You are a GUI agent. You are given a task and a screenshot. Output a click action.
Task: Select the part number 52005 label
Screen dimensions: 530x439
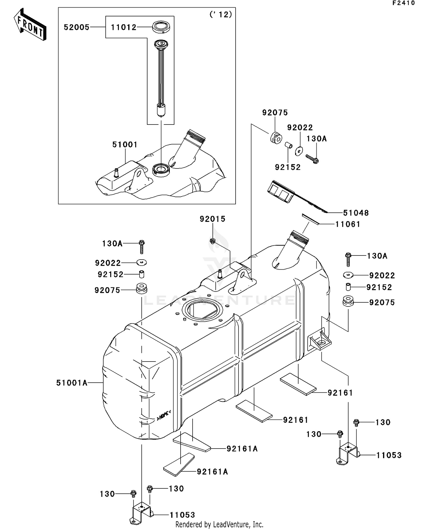76,27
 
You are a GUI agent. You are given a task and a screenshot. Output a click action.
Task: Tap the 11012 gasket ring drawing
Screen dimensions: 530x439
161,27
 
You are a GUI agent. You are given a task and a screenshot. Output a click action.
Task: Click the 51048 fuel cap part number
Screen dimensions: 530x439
356,213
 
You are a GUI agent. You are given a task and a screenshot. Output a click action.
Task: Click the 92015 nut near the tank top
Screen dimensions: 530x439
213,241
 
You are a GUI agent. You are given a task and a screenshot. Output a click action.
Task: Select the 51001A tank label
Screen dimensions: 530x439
72,383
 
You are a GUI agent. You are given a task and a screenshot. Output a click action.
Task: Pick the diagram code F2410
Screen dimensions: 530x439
404,3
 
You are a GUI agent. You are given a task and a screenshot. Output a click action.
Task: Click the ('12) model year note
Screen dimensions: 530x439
221,14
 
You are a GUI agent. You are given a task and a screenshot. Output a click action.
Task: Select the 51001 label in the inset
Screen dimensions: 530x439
125,144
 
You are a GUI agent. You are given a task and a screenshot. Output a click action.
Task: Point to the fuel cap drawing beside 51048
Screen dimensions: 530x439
280,191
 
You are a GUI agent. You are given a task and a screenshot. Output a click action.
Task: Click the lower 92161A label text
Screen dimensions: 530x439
212,472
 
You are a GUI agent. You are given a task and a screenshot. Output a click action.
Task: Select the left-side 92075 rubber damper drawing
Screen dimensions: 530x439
142,288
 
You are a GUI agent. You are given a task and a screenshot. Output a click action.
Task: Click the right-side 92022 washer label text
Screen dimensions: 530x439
382,275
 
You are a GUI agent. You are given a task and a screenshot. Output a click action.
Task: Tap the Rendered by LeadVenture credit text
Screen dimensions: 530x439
219,524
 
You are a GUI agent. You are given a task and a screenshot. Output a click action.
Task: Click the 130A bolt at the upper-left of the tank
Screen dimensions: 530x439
142,246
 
